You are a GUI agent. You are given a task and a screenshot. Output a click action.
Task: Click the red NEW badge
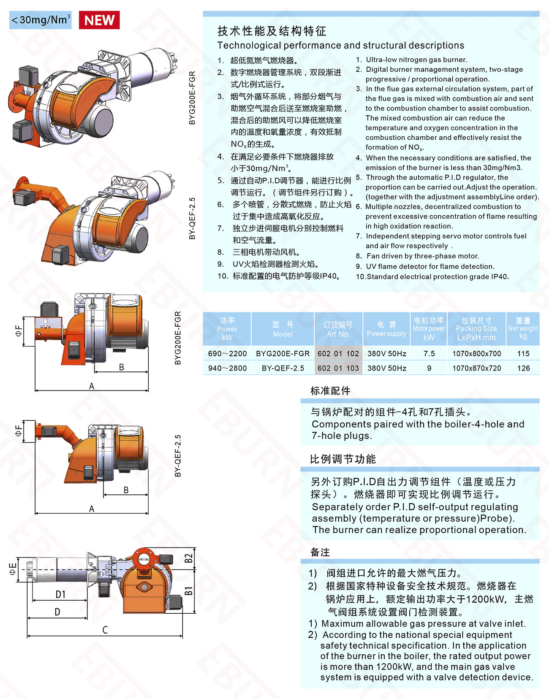pos(99,20)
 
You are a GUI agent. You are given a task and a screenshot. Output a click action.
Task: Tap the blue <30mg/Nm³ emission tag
pos(40,20)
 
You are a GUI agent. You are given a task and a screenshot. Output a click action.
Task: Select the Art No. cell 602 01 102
pos(338,354)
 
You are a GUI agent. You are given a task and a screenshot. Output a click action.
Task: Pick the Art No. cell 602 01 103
pos(338,368)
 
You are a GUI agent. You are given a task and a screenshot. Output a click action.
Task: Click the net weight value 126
pos(523,368)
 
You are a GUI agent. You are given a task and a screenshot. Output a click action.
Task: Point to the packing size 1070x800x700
pos(477,354)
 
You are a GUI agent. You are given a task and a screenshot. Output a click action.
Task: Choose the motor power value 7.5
pos(429,354)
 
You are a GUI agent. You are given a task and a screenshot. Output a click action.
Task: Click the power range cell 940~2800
pos(227,368)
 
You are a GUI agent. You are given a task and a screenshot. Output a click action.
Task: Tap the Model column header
pos(283,329)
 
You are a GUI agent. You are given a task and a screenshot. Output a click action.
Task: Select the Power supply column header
pos(386,329)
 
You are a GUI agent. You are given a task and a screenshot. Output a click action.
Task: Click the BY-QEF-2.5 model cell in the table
pos(283,368)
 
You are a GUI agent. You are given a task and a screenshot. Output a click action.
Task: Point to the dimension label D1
pos(60,594)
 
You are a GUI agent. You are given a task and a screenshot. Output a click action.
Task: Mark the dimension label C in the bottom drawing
pos(105,630)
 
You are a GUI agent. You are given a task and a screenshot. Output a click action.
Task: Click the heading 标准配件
pos(330,391)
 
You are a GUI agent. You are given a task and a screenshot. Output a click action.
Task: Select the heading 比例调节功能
pos(343,459)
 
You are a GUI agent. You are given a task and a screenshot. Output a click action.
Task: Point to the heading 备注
pos(320,552)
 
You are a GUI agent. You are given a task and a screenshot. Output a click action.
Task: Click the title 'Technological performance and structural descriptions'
pos(341,45)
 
